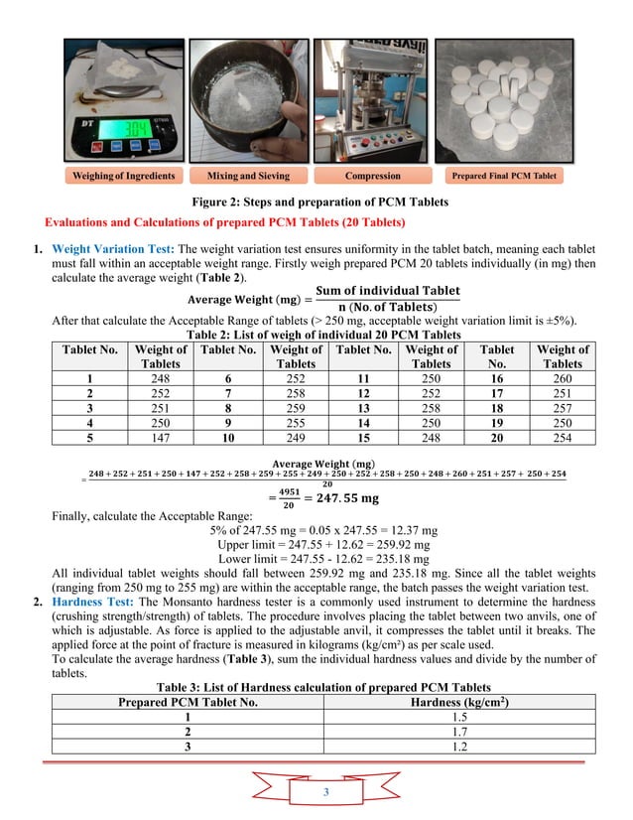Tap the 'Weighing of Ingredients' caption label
tap(124, 176)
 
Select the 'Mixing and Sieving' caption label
tap(248, 176)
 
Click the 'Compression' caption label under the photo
tap(372, 176)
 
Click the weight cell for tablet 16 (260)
tap(563, 378)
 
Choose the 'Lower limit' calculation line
tap(316, 560)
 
